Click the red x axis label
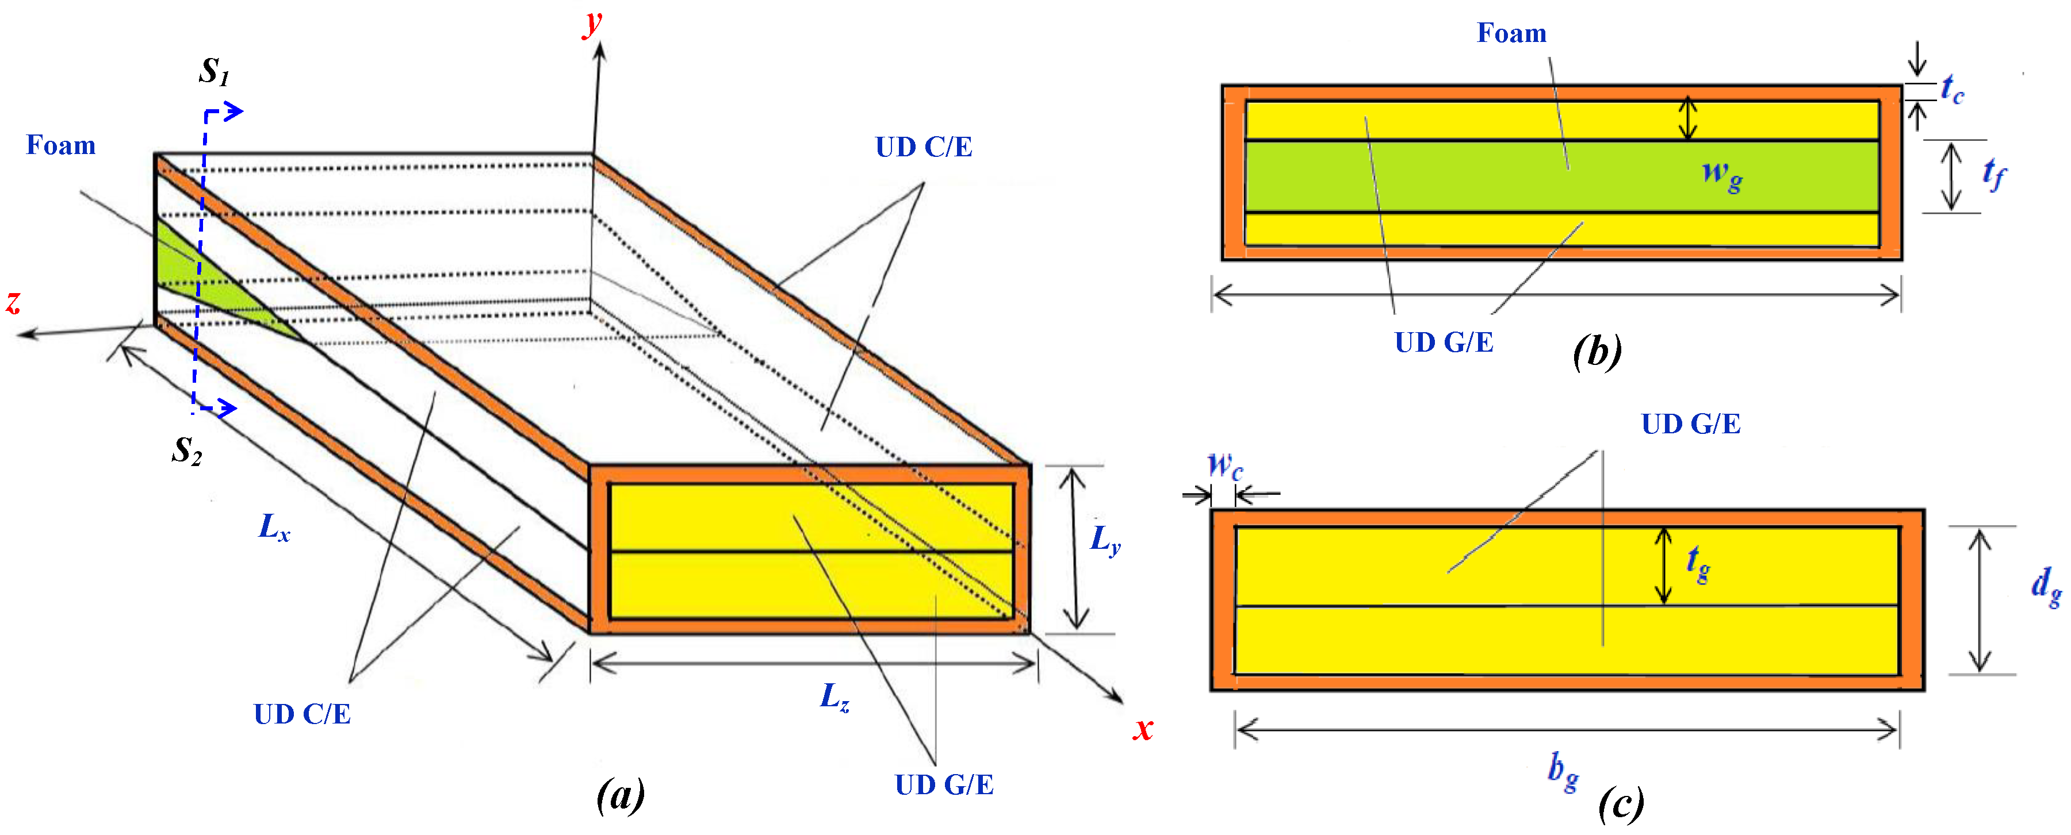pos(1142,728)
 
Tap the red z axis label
pos(13,302)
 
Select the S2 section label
pos(186,451)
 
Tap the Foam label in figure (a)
pos(61,145)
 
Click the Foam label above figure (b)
pos(1511,33)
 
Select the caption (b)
pos(1597,351)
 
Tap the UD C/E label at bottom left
pos(303,714)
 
